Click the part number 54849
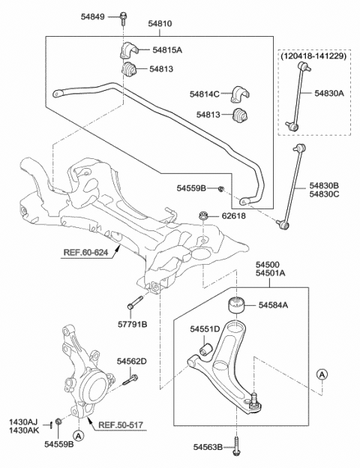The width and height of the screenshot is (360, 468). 93,16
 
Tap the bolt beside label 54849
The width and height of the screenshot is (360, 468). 123,17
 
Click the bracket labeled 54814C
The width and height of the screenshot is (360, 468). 240,94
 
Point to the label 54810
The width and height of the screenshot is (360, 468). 160,23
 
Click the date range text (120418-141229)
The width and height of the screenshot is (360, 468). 313,55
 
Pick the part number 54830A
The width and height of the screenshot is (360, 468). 329,94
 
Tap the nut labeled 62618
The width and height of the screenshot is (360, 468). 203,215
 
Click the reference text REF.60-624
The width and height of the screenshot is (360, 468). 85,253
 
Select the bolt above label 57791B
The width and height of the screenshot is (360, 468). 136,302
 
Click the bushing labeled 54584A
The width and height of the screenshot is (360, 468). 237,304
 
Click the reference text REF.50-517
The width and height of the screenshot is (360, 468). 121,424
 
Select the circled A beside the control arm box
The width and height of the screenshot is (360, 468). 322,374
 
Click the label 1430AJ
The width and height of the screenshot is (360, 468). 23,422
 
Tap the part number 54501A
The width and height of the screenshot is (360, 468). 270,273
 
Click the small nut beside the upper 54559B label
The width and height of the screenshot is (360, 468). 220,189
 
